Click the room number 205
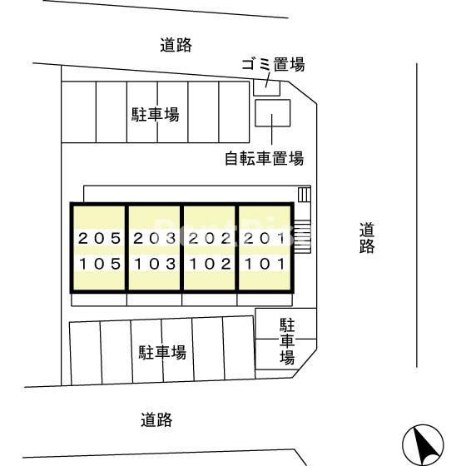pyautogui.click(x=99, y=238)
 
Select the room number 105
pyautogui.click(x=100, y=264)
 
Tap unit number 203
pyautogui.click(x=155, y=238)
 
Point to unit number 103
pyautogui.click(x=155, y=264)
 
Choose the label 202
pyautogui.click(x=210, y=238)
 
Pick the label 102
pyautogui.click(x=211, y=264)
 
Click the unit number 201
pyautogui.click(x=265, y=238)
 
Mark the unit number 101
pyautogui.click(x=265, y=264)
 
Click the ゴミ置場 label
pyautogui.click(x=273, y=64)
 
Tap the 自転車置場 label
pyautogui.click(x=265, y=158)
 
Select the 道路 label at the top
pyautogui.click(x=176, y=45)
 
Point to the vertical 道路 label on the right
pyautogui.click(x=367, y=238)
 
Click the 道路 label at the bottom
pyautogui.click(x=156, y=419)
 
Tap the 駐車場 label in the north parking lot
pyautogui.click(x=156, y=115)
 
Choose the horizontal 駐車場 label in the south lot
pyautogui.click(x=162, y=352)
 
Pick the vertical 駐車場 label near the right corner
pyautogui.click(x=287, y=341)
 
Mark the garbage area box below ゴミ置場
pyautogui.click(x=266, y=87)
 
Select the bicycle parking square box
pyautogui.click(x=273, y=113)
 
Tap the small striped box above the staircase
pyautogui.click(x=305, y=195)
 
